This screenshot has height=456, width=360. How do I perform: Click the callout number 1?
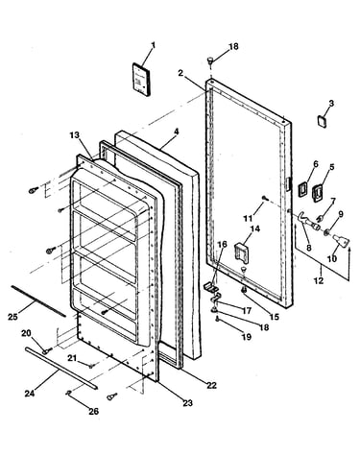point(153,45)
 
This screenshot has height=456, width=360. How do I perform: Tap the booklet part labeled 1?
point(141,79)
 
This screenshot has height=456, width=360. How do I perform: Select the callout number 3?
point(331,103)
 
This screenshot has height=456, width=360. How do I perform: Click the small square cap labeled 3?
point(322,122)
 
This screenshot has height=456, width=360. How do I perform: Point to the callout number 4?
point(177,132)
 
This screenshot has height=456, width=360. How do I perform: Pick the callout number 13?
point(74,135)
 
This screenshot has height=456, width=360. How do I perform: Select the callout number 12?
point(319,280)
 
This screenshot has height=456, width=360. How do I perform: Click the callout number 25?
point(12,317)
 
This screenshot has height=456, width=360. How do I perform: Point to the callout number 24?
point(30,393)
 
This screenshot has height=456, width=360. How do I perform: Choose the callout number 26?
point(94,411)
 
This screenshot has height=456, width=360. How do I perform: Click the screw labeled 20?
point(47,351)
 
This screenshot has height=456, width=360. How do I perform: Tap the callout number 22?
point(211,385)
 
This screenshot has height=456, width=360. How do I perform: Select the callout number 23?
point(188,402)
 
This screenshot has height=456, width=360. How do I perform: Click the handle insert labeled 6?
point(302,189)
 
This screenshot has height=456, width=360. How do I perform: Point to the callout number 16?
point(222,245)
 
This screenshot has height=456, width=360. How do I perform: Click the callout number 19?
point(247,337)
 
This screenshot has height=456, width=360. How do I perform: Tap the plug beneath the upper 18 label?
point(210,60)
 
